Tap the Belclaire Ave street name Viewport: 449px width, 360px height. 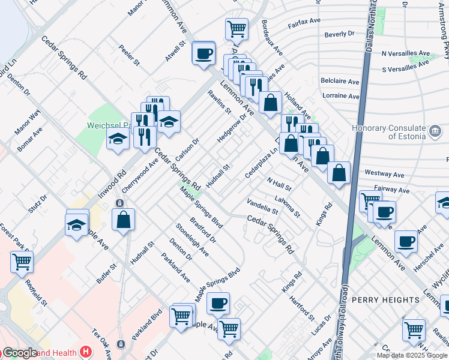[340, 81]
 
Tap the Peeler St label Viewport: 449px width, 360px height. [129, 55]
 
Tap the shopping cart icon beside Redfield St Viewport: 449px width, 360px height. [22, 261]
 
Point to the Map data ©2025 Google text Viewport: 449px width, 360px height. [411, 355]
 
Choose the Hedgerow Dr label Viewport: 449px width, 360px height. [232, 129]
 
